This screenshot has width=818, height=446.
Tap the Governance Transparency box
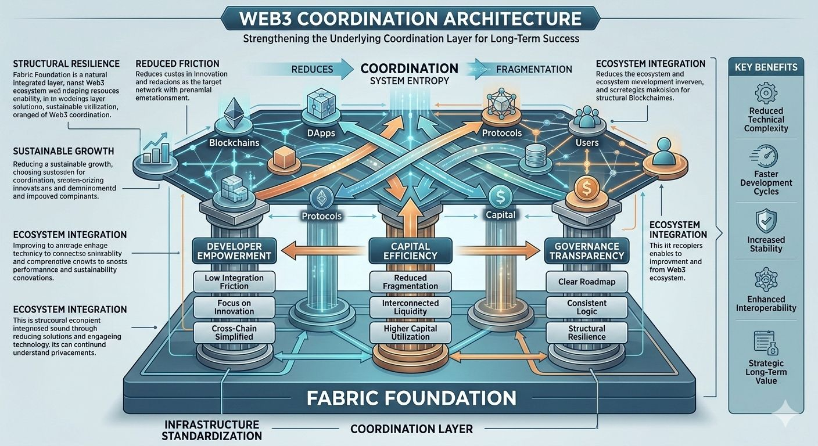click(x=586, y=251)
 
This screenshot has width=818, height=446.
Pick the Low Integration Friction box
click(x=234, y=282)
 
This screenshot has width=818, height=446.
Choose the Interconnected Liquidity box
click(x=410, y=308)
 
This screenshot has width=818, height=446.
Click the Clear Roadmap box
click(x=586, y=282)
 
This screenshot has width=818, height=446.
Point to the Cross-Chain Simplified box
click(x=234, y=333)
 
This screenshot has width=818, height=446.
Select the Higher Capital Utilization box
click(x=410, y=333)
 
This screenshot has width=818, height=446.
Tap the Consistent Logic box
click(x=586, y=308)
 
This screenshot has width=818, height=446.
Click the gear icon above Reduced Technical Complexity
click(x=765, y=93)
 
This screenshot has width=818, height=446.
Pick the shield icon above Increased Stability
click(x=765, y=221)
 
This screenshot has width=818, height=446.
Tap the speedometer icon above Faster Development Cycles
click(x=765, y=157)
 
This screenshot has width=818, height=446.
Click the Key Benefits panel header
click(x=765, y=67)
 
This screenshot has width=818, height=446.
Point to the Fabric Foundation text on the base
click(x=411, y=398)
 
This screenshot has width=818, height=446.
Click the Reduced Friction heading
click(x=177, y=63)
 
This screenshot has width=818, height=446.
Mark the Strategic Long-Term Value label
click(x=765, y=372)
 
